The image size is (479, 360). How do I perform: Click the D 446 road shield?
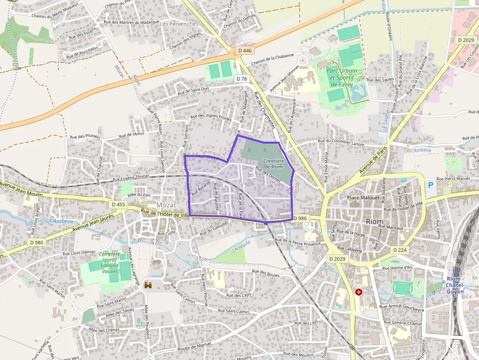[x=244, y=51]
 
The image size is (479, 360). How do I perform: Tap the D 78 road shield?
[x=241, y=79]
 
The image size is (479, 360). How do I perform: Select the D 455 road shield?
[x=119, y=205]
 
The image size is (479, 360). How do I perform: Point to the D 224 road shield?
[x=399, y=250]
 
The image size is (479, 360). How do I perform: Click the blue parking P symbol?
[x=430, y=186]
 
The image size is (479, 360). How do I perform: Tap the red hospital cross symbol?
[x=359, y=292]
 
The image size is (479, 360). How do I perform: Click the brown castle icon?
[x=148, y=285]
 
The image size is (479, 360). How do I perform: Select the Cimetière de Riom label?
[x=273, y=163]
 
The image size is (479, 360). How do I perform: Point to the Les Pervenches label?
[x=179, y=23]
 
